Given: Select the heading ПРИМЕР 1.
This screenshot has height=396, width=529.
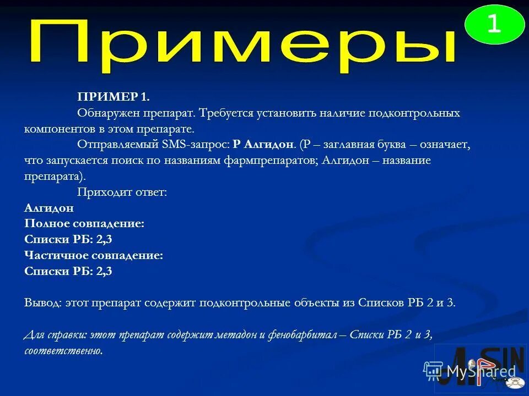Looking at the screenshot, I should pyautogui.click(x=113, y=97).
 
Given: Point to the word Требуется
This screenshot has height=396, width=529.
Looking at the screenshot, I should pyautogui.click(x=224, y=113).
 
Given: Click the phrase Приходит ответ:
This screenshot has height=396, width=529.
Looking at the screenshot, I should pyautogui.click(x=122, y=193).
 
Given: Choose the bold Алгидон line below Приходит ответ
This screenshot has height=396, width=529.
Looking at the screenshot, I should pyautogui.click(x=49, y=208).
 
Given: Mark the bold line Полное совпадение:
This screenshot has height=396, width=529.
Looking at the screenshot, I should pyautogui.click(x=84, y=224).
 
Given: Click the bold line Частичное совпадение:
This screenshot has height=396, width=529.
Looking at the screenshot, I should pyautogui.click(x=94, y=256).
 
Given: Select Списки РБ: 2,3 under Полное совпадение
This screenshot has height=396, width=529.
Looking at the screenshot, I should pyautogui.click(x=68, y=240).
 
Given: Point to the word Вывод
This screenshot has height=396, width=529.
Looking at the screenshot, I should pyautogui.click(x=44, y=303).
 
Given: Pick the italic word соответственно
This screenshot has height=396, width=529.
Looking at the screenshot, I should pyautogui.click(x=63, y=351).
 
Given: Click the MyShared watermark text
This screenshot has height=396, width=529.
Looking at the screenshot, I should pyautogui.click(x=481, y=371).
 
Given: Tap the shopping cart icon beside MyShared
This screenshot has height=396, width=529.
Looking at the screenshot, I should pyautogui.click(x=434, y=371).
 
